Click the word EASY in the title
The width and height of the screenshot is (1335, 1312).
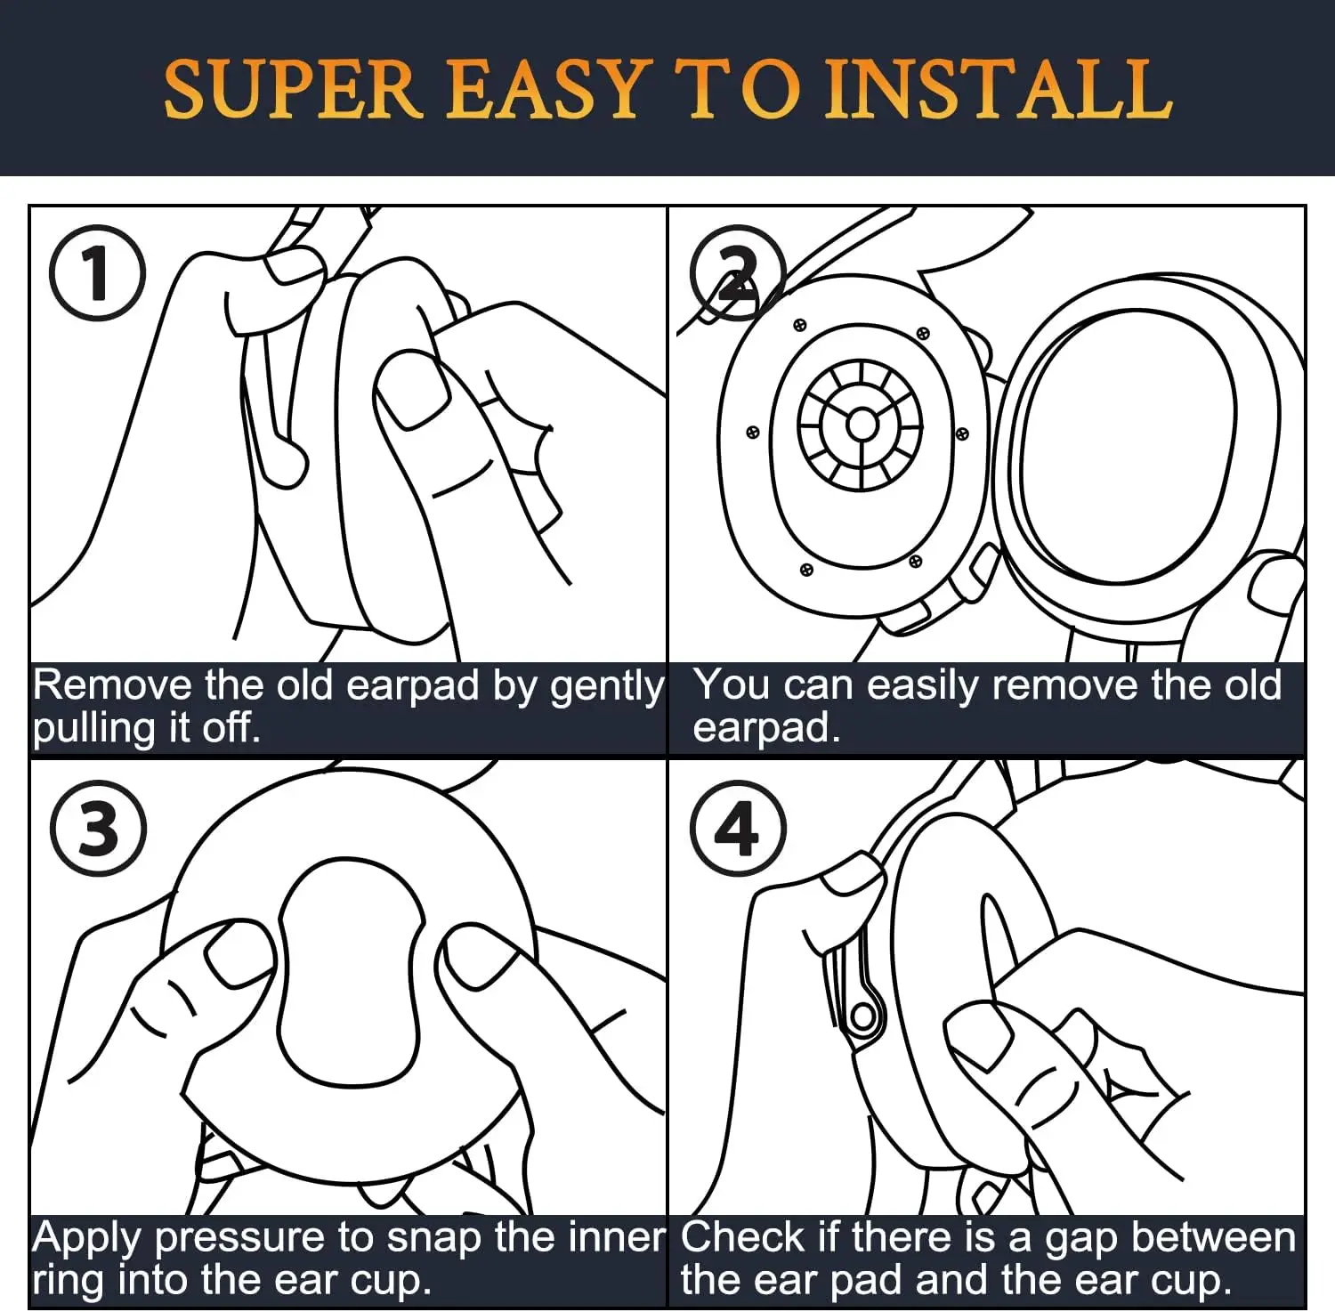click(544, 90)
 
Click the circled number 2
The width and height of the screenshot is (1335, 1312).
click(738, 274)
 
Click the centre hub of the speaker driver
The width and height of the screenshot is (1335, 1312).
click(862, 424)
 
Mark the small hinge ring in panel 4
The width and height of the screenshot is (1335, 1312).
click(863, 1016)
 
